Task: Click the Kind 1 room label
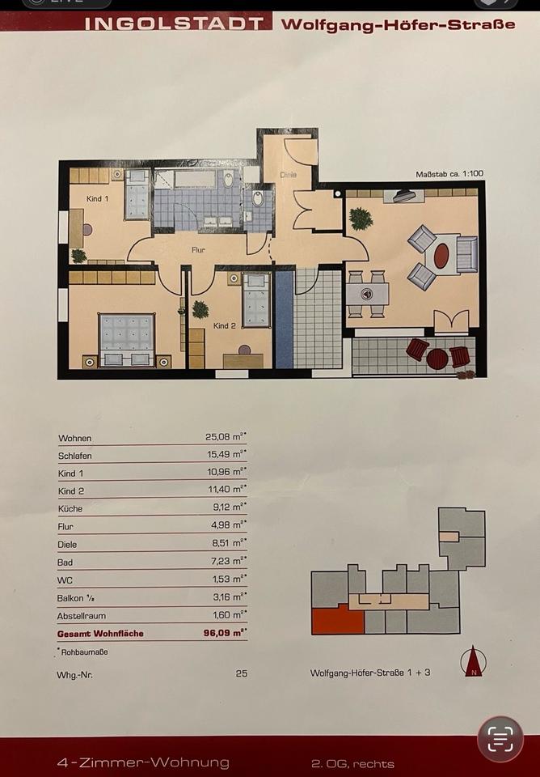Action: pyautogui.click(x=97, y=199)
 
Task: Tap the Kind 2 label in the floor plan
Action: pyautogui.click(x=224, y=325)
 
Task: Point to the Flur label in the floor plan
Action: pyautogui.click(x=198, y=250)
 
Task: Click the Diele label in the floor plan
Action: pyautogui.click(x=288, y=175)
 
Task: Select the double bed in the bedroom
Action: pyautogui.click(x=127, y=340)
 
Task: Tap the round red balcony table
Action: pyautogui.click(x=437, y=359)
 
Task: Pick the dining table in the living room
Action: pyautogui.click(x=367, y=295)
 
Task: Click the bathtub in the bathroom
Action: pyautogui.click(x=195, y=179)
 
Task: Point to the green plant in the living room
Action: pyautogui.click(x=361, y=219)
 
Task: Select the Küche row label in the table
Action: pyautogui.click(x=70, y=508)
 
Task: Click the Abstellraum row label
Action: pyautogui.click(x=81, y=615)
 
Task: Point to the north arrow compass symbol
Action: pyautogui.click(x=473, y=661)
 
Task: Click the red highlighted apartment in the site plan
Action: pyautogui.click(x=338, y=621)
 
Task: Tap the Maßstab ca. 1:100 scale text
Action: pyautogui.click(x=449, y=174)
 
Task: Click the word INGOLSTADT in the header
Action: pyautogui.click(x=174, y=23)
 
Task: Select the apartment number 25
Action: pyautogui.click(x=242, y=673)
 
